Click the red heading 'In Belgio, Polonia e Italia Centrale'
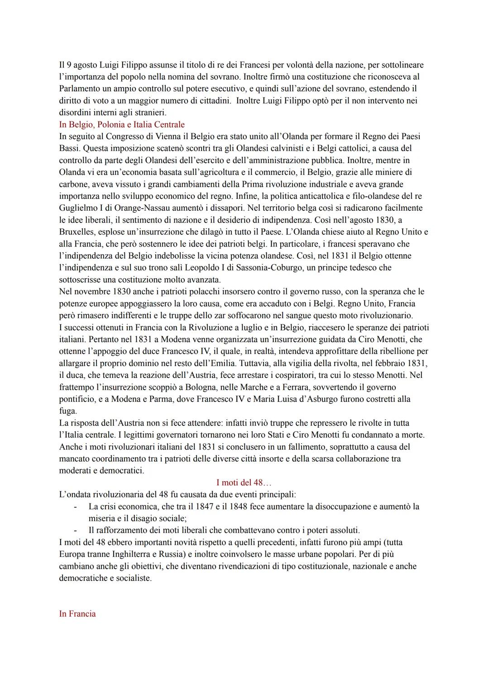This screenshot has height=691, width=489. (x=122, y=125)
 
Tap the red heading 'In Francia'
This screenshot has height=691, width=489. (x=77, y=614)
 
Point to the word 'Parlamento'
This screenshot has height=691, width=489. (x=80, y=89)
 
